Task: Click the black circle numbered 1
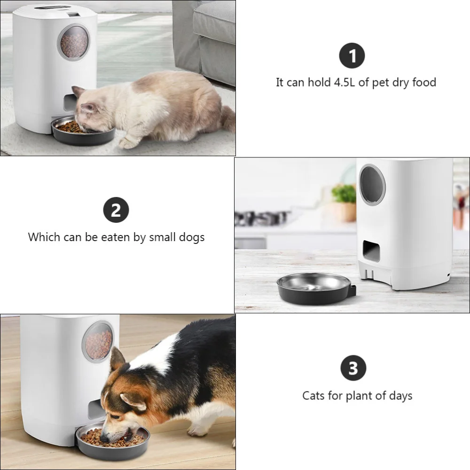click(x=352, y=55)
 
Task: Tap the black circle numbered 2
click(x=116, y=210)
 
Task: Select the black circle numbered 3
click(x=353, y=368)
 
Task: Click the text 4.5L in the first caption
click(x=345, y=83)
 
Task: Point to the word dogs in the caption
click(x=192, y=237)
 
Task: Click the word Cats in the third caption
click(x=313, y=396)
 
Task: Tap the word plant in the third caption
click(x=359, y=396)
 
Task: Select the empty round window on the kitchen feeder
click(x=372, y=184)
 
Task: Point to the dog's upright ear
click(x=117, y=360)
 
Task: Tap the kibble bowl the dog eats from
click(x=113, y=439)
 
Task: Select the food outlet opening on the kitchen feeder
click(x=371, y=251)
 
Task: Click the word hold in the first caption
click(x=320, y=83)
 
